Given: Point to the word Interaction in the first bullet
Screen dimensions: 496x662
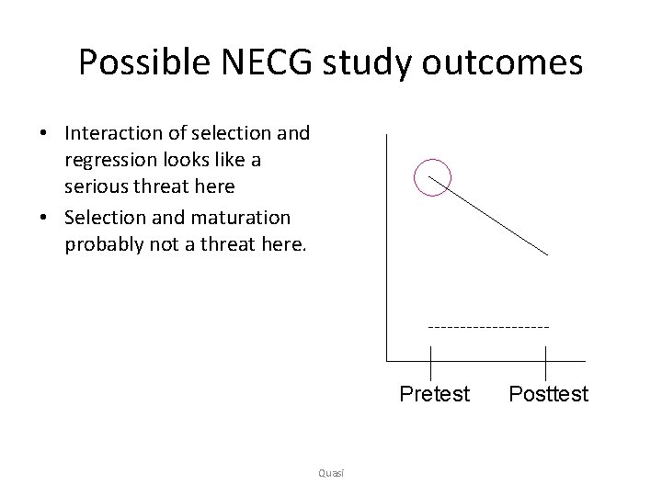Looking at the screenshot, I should click(111, 133).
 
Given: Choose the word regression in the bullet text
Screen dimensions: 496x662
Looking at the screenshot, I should click(108, 160).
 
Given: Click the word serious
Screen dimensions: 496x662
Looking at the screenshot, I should click(97, 186).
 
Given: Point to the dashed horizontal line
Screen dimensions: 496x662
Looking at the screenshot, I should click(488, 326).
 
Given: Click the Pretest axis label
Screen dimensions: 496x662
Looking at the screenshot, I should click(434, 394).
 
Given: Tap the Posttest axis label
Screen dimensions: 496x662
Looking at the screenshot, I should click(548, 394).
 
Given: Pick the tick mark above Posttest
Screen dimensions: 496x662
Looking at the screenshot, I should click(547, 359).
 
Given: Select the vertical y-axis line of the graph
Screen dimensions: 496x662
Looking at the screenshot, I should click(388, 248).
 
